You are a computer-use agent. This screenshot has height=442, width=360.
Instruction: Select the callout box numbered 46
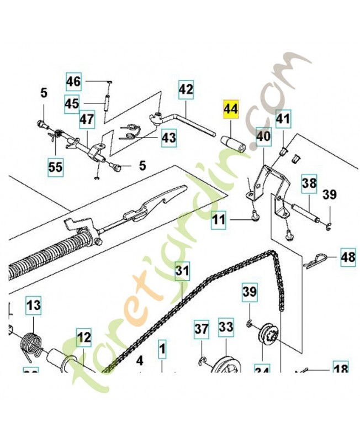pos(74,82)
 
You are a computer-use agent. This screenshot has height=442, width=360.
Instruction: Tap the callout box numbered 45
pos(72,103)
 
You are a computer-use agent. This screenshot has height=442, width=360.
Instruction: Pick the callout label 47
pos(87,119)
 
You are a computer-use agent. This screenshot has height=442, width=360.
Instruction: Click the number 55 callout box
pos(55,166)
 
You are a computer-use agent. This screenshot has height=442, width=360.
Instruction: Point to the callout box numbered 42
pos(186,89)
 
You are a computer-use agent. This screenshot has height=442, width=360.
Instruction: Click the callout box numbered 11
pos(220,221)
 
